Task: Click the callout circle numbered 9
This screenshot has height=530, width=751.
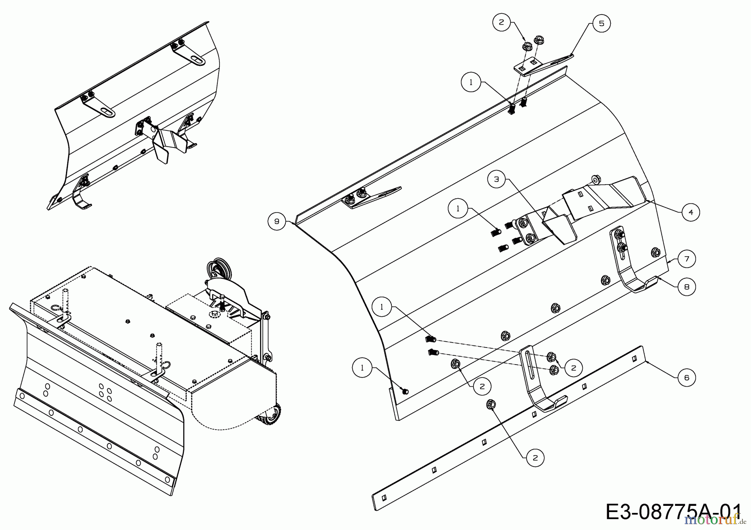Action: [x=277, y=221]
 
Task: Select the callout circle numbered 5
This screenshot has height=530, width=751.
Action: [x=601, y=23]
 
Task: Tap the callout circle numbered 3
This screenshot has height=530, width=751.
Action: [x=496, y=180]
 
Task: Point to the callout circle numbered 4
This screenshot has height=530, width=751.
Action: [x=691, y=212]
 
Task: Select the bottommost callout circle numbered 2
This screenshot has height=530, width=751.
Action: [x=535, y=458]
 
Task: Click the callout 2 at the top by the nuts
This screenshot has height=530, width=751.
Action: [x=502, y=22]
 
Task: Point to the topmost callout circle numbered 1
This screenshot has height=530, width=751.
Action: [x=471, y=82]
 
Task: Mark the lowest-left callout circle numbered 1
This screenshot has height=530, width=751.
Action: [x=362, y=367]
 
